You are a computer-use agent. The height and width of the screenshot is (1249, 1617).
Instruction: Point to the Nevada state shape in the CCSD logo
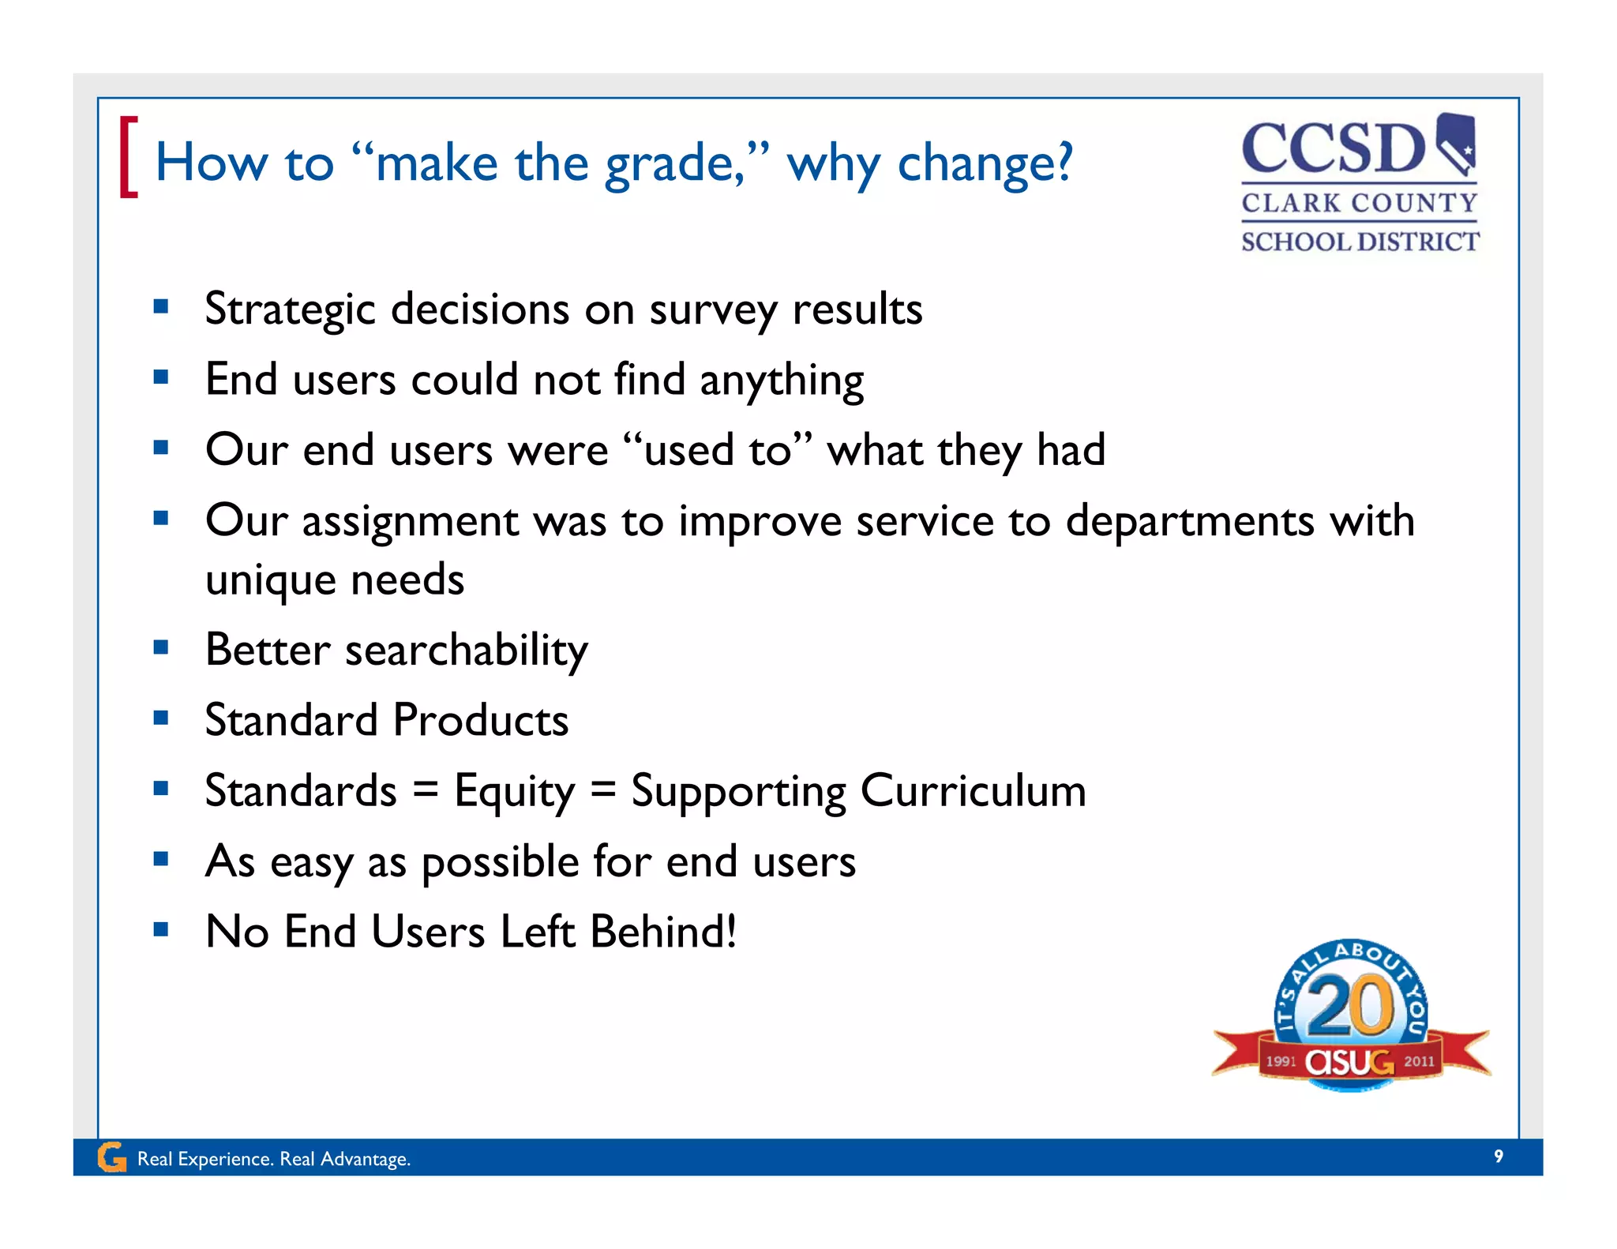(x=1456, y=142)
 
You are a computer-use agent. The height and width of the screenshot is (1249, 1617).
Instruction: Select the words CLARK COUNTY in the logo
(x=1359, y=203)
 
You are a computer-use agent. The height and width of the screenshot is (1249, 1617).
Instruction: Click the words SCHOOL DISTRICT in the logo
(x=1360, y=242)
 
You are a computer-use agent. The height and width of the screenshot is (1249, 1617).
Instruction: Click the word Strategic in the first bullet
(x=290, y=309)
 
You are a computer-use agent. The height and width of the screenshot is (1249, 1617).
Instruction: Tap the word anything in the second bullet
(x=781, y=381)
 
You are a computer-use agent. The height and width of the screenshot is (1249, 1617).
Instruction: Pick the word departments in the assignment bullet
(x=1190, y=521)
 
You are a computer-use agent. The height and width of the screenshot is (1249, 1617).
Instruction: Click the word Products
(x=480, y=720)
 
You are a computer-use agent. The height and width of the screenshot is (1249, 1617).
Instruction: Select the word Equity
(x=515, y=791)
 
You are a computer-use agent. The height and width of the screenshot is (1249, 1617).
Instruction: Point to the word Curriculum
(x=973, y=790)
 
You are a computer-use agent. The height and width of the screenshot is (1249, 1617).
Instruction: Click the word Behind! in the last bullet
(x=663, y=932)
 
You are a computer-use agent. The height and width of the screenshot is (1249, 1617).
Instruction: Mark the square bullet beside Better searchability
(x=161, y=648)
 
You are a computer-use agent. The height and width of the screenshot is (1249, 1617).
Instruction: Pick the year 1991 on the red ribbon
(x=1281, y=1061)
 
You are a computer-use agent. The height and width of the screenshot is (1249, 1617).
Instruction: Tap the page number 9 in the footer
(x=1498, y=1157)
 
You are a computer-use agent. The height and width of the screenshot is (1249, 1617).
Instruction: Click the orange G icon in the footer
(x=112, y=1157)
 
